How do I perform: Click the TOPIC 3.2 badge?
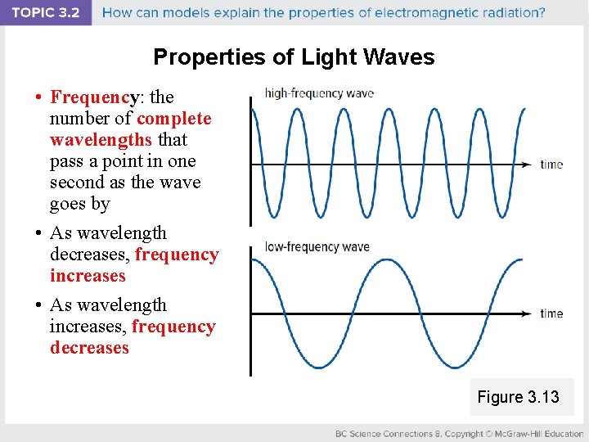click(x=46, y=13)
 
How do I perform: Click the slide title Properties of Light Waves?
click(x=294, y=57)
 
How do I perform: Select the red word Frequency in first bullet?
click(x=91, y=97)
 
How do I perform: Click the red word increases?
click(x=88, y=276)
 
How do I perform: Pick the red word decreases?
click(x=89, y=348)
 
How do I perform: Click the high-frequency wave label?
click(x=319, y=93)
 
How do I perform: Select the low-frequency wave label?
click(x=317, y=246)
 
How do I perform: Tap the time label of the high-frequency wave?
click(x=551, y=165)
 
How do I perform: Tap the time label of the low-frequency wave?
click(x=551, y=313)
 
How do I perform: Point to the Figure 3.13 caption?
click(x=518, y=397)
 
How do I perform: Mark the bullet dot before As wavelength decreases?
click(x=38, y=234)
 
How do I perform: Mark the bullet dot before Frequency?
click(x=38, y=98)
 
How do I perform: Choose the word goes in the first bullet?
click(x=67, y=204)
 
